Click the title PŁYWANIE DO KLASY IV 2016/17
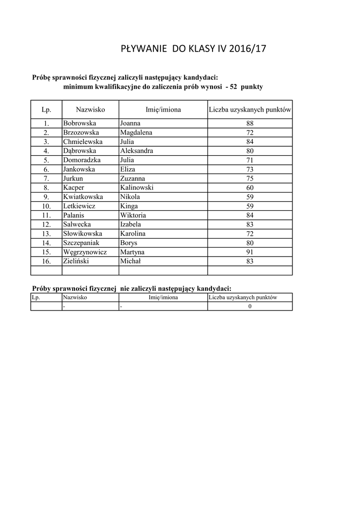tap(194, 49)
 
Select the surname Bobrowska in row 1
tap(79, 123)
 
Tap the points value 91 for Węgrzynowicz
tap(250, 252)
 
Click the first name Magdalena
tap(136, 132)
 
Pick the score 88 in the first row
tap(250, 123)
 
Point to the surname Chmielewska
tap(83, 141)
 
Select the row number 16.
tap(46, 261)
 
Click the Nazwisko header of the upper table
tap(90, 109)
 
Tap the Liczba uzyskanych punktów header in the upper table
tap(250, 109)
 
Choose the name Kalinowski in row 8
tap(137, 188)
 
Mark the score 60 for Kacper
tap(250, 188)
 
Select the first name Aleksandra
tap(137, 151)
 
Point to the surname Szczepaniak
tap(81, 243)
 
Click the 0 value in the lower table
tap(250, 307)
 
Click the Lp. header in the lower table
tap(36, 298)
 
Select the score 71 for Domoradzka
tap(250, 160)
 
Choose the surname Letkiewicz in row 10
tap(79, 206)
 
